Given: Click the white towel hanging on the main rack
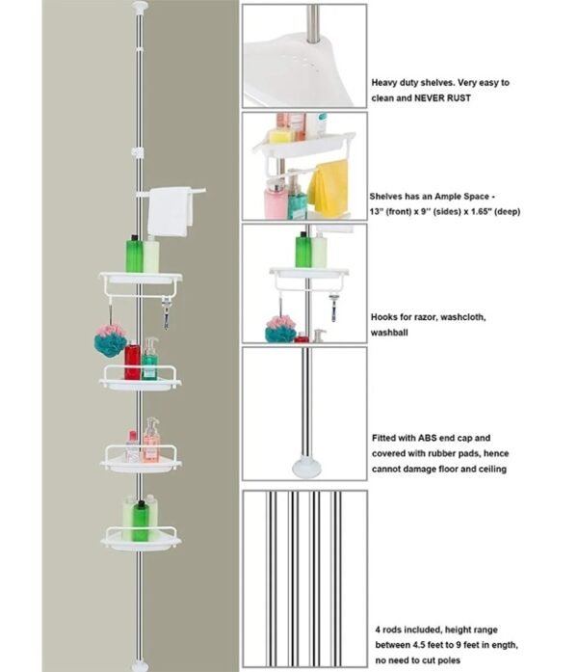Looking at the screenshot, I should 171,210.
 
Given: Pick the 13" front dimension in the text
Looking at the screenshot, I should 378,211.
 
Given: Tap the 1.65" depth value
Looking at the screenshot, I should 484,211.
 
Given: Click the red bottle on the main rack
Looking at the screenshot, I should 132,362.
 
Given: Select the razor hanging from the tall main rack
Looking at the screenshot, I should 167,313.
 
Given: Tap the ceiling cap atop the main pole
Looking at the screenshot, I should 144,8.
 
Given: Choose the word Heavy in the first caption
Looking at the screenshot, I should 386,83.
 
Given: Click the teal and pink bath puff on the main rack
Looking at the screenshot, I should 110,339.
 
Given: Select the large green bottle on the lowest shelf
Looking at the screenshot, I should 134,518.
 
